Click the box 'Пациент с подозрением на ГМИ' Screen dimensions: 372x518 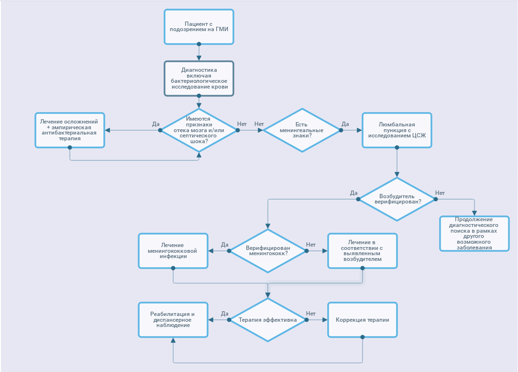coord(199,26)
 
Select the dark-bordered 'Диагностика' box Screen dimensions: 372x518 coord(199,79)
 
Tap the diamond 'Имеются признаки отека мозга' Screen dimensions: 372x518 coord(199,130)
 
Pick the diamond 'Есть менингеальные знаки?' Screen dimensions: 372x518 coord(302,130)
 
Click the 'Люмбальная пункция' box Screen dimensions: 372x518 coord(397,130)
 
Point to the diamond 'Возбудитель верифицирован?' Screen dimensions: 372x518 coord(397,199)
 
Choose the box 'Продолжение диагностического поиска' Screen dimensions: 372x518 coord(474,233)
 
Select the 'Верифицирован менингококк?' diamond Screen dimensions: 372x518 coord(268,251)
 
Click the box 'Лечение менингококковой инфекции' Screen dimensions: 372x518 coord(173,251)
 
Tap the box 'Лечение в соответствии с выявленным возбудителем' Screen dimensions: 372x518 coord(362,251)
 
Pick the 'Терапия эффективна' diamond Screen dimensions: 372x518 coord(268,320)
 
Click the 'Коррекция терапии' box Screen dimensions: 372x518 coord(362,320)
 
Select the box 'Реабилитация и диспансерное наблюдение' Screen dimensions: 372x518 coord(173,320)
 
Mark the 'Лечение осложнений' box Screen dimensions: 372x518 coord(70,130)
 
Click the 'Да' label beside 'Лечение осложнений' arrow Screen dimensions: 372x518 coord(156,124)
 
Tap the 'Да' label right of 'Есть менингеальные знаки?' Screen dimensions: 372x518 coord(345,124)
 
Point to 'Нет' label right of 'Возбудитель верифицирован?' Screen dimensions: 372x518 coord(440,193)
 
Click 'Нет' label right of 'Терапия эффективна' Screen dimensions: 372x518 coord(311,314)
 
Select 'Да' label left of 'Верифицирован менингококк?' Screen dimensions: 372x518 coord(225,245)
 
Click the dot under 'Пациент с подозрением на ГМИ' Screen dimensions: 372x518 coord(199,44)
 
